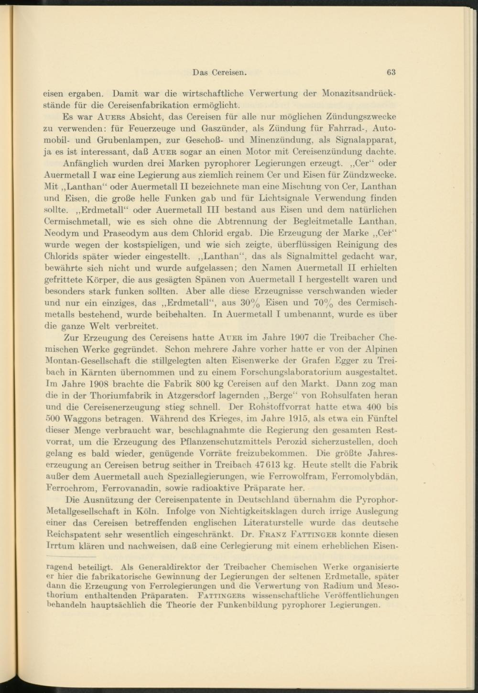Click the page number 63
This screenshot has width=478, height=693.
pos(391,73)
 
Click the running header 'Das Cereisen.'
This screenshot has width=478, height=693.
pos(219,73)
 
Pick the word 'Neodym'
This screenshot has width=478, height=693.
pos(59,233)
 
